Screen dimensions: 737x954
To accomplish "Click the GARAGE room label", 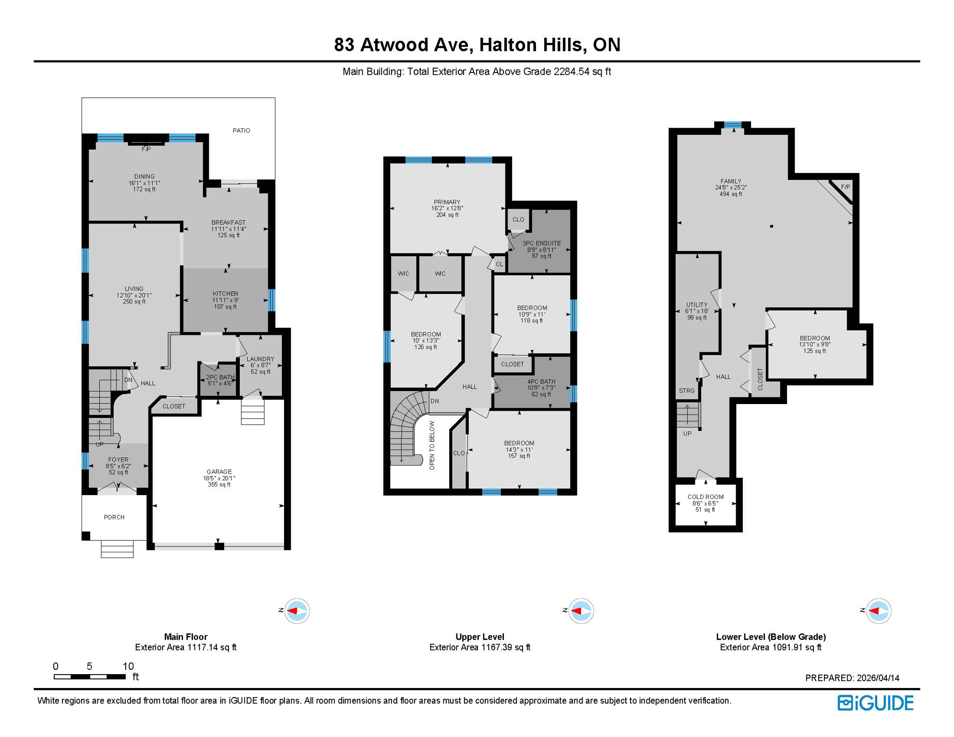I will point(219,472).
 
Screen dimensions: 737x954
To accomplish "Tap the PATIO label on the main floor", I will point(241,131).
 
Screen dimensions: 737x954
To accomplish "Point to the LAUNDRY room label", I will point(260,359).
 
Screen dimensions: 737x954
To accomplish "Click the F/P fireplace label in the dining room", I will point(146,149).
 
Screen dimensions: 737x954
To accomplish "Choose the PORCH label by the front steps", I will point(114,517).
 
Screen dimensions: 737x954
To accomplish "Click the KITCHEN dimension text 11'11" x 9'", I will point(226,300).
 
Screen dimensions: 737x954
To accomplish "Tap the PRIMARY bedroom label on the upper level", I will point(447,202).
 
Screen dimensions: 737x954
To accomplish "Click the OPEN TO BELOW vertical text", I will point(432,445).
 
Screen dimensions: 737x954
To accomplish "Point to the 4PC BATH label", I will point(541,381).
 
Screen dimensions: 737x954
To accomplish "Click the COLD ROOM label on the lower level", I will point(705,497).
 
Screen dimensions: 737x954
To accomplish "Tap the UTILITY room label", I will point(696,305).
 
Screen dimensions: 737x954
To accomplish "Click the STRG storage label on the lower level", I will point(687,391).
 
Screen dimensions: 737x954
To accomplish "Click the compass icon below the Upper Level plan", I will point(581,611).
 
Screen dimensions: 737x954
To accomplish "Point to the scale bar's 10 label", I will point(128,666).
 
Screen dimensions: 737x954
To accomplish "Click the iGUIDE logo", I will point(875,703).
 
